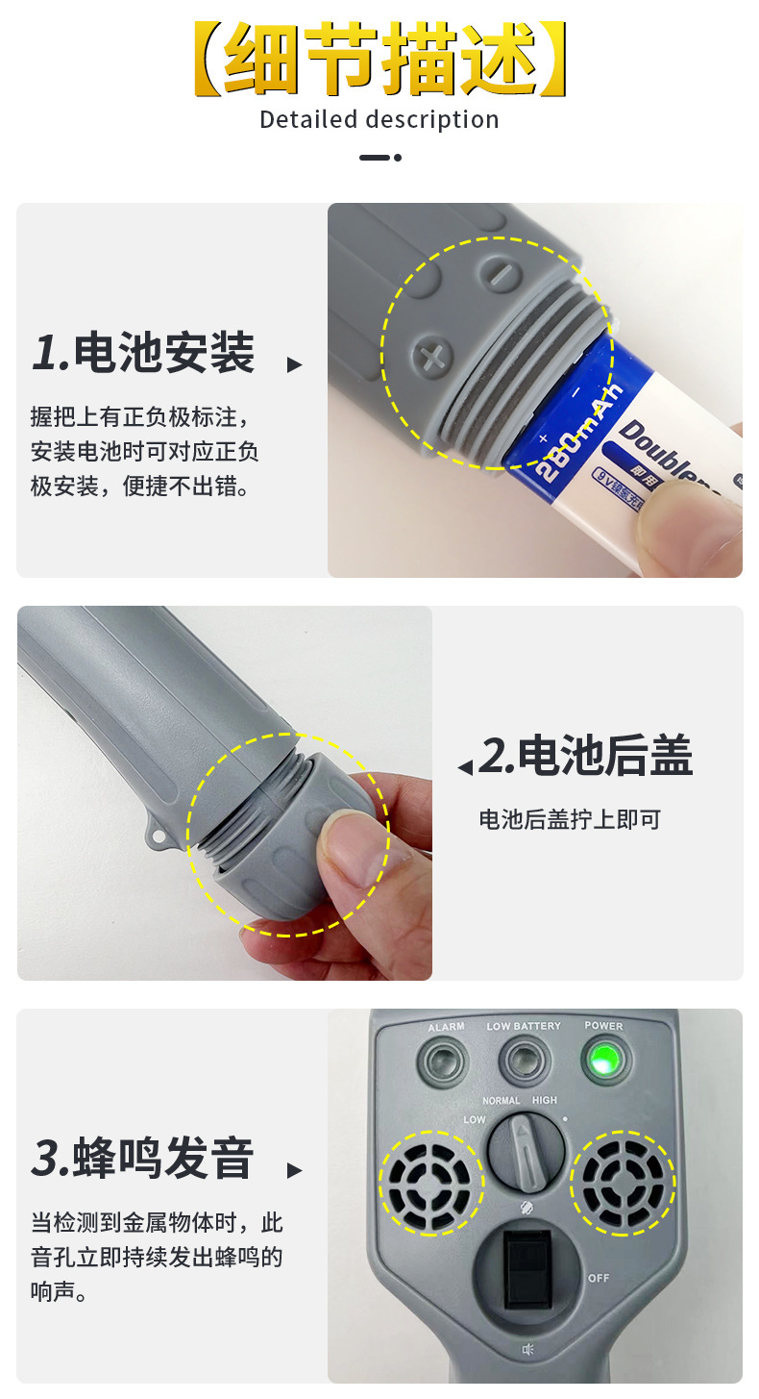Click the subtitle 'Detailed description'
pyautogui.click(x=379, y=120)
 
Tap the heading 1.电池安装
pyautogui.click(x=143, y=353)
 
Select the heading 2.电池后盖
pyautogui.click(x=585, y=757)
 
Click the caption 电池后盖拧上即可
pyautogui.click(x=570, y=820)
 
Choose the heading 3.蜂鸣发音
pyautogui.click(x=143, y=1158)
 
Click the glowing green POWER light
pyautogui.click(x=604, y=1061)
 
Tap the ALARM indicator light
pyautogui.click(x=444, y=1062)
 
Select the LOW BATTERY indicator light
pyautogui.click(x=524, y=1062)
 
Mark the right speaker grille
pyautogui.click(x=623, y=1183)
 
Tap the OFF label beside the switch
pyautogui.click(x=598, y=1278)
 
